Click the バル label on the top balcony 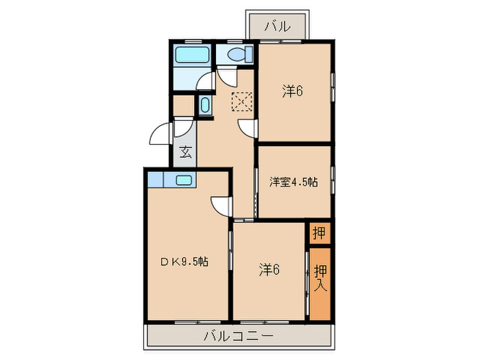[x=278, y=27]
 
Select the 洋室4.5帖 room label [x=293, y=182]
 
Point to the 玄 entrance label [x=185, y=153]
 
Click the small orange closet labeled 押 [x=318, y=233]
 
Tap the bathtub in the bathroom [x=193, y=56]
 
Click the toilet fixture [x=235, y=55]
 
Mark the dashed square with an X [x=241, y=101]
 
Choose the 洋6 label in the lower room [x=269, y=269]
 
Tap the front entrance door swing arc [x=160, y=134]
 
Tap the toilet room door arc [x=226, y=75]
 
